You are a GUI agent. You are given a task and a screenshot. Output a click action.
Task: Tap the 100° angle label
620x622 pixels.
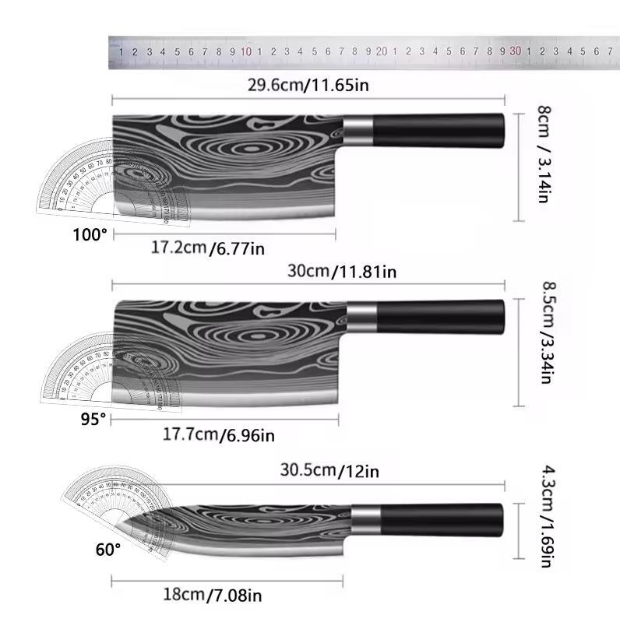click(90, 234)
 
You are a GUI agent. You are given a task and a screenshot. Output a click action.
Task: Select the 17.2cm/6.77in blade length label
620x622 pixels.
click(208, 248)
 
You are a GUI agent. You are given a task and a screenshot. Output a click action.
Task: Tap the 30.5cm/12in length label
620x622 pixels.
click(329, 470)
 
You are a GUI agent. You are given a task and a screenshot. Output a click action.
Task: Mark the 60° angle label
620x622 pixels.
click(108, 550)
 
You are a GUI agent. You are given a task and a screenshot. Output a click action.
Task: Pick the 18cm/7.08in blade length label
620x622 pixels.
click(212, 596)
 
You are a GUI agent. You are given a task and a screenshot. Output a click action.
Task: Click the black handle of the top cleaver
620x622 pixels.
click(439, 130)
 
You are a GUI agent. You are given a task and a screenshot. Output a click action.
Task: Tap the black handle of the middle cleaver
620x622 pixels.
click(441, 315)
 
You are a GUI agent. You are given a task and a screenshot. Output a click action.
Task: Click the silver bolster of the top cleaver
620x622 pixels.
click(358, 130)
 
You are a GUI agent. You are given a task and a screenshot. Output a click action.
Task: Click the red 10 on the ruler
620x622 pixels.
click(245, 51)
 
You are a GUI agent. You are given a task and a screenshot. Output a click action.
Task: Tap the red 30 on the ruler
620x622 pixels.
click(515, 51)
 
